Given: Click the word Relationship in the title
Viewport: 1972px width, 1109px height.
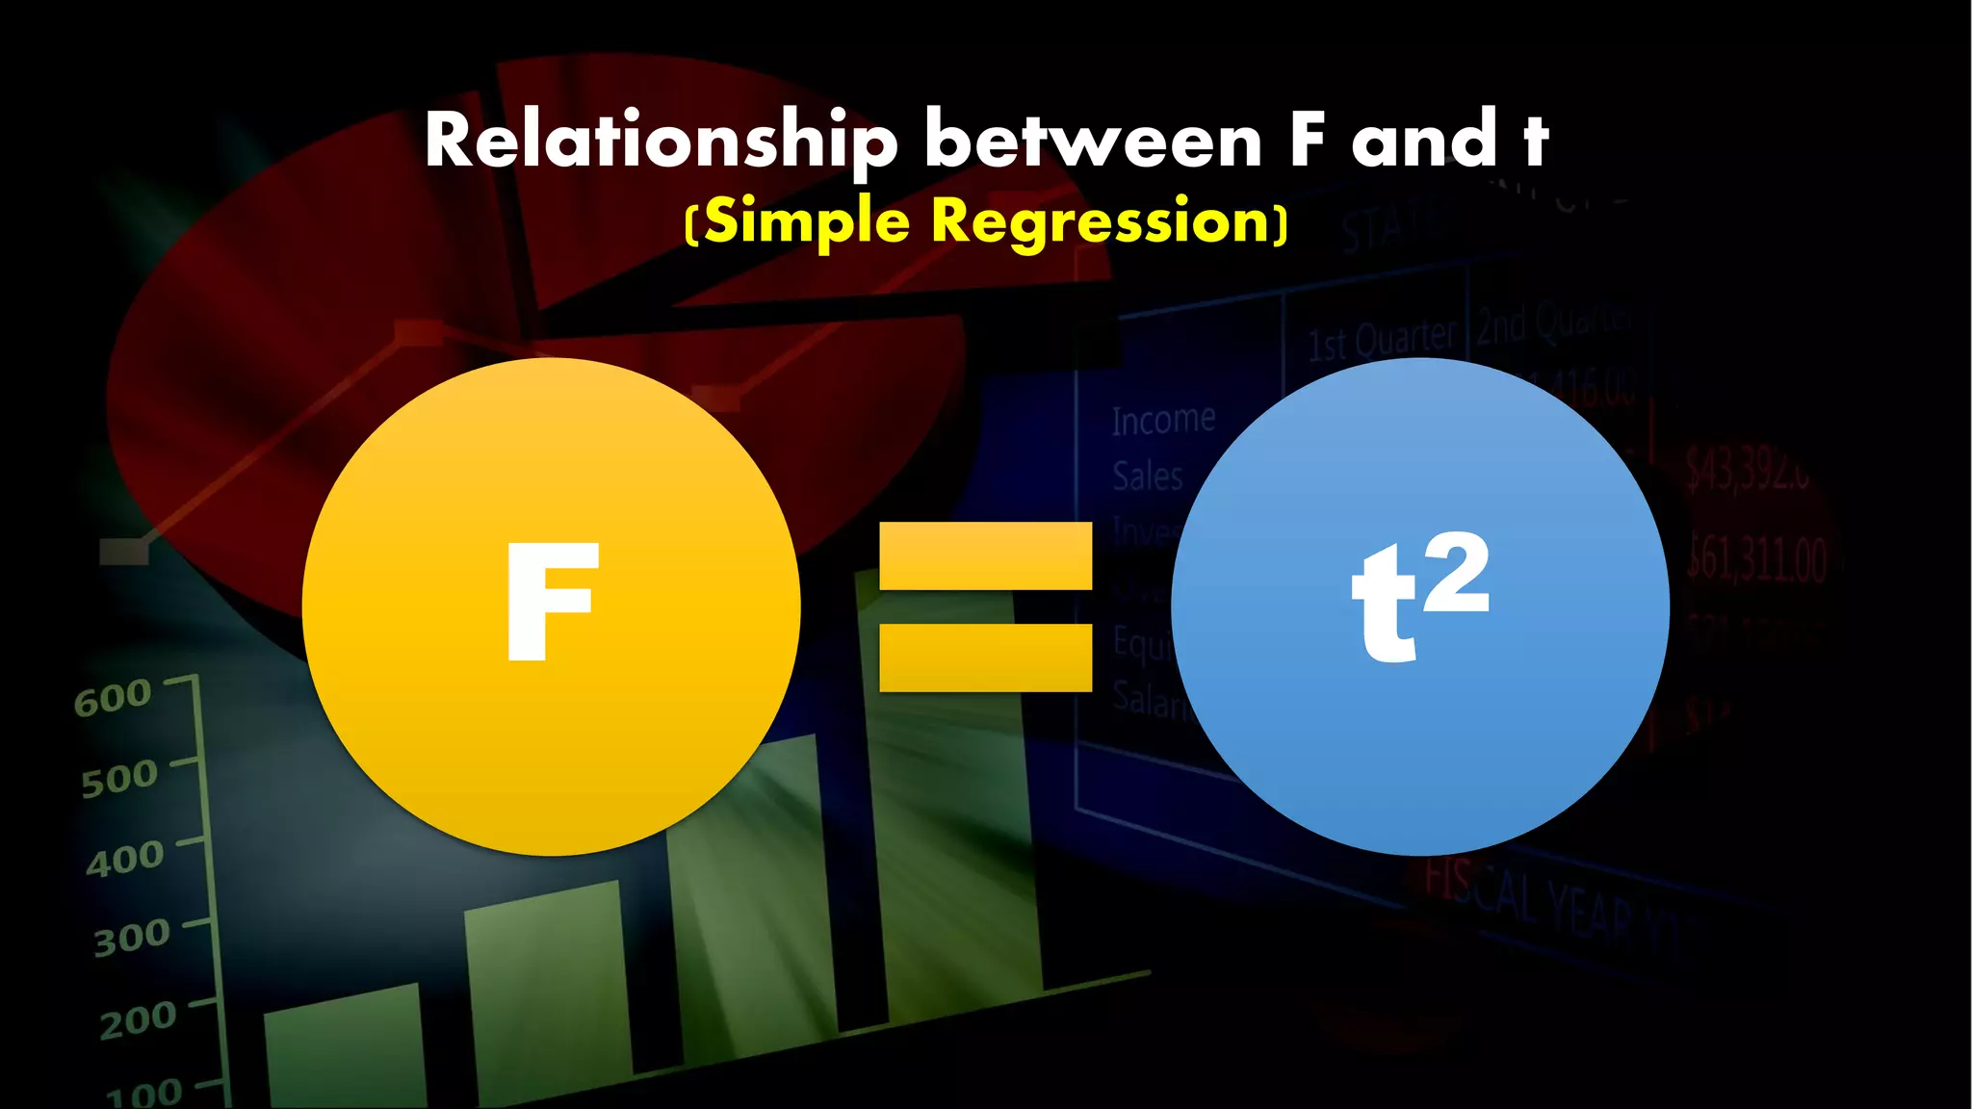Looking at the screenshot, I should tap(661, 142).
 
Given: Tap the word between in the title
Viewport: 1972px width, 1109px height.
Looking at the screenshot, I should tap(1093, 142).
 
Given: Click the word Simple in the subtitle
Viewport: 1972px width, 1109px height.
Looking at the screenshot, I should tap(807, 220).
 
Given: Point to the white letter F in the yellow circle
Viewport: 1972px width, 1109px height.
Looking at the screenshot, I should tap(552, 602).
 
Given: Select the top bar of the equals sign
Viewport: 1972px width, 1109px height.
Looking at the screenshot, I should tap(985, 555).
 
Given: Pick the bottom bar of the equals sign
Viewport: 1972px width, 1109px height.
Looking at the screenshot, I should tap(985, 658).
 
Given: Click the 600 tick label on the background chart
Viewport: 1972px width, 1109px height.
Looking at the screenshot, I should tap(113, 697).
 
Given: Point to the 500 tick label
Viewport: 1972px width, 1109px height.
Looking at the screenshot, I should tap(119, 778).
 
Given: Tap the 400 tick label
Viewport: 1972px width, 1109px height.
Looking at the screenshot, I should tap(125, 858).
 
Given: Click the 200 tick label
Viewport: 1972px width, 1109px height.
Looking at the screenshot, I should tap(139, 1019).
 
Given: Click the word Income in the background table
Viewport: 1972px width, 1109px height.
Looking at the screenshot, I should tap(1163, 421).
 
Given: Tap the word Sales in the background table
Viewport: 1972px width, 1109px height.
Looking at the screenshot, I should tap(1147, 477).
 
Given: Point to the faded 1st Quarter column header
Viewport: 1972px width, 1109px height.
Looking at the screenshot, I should tap(1381, 338).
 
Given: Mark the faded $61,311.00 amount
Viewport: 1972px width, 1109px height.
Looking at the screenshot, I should tap(1758, 559).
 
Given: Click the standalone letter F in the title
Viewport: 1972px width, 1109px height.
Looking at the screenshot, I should tap(1307, 142).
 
